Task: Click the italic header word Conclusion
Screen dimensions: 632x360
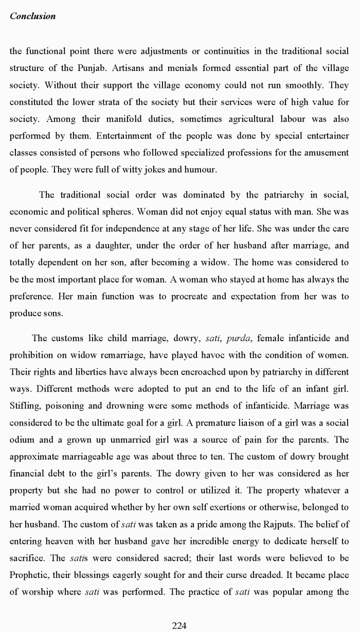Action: coord(32,16)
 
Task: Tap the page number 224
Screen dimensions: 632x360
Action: coord(179,625)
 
